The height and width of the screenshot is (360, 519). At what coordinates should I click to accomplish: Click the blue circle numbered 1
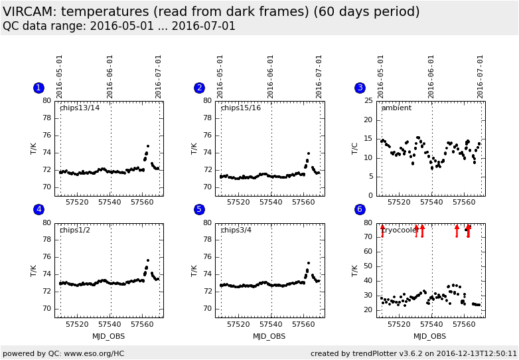coord(38,88)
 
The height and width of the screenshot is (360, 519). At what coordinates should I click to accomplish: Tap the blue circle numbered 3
coord(360,88)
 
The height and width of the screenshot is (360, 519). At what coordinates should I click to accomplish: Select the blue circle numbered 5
coord(199,209)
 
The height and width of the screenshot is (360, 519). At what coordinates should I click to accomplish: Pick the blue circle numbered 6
coord(360,209)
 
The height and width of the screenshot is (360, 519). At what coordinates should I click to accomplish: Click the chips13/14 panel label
coord(80,108)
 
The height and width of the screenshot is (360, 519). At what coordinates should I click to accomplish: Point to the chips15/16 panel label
coord(240,108)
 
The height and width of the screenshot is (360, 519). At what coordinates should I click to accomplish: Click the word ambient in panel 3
coord(396,108)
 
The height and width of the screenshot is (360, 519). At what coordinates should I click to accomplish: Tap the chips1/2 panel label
coord(75,230)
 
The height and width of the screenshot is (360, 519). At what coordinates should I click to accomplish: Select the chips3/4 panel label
coord(236,230)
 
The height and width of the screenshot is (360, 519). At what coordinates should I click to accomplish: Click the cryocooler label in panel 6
coord(400,230)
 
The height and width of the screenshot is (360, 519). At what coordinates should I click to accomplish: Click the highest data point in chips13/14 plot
coord(148,145)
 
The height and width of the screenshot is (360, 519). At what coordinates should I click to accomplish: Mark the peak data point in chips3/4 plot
coord(309,263)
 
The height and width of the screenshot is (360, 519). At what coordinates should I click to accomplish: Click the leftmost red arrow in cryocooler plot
coord(382,230)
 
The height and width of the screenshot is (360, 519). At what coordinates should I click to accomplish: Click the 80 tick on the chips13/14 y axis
coord(47,101)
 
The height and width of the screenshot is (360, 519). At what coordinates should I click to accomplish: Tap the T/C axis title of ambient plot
coord(355,148)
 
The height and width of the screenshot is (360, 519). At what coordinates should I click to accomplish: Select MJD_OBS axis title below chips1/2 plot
coord(109,336)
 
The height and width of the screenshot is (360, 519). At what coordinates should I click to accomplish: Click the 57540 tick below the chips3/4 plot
coord(271,324)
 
